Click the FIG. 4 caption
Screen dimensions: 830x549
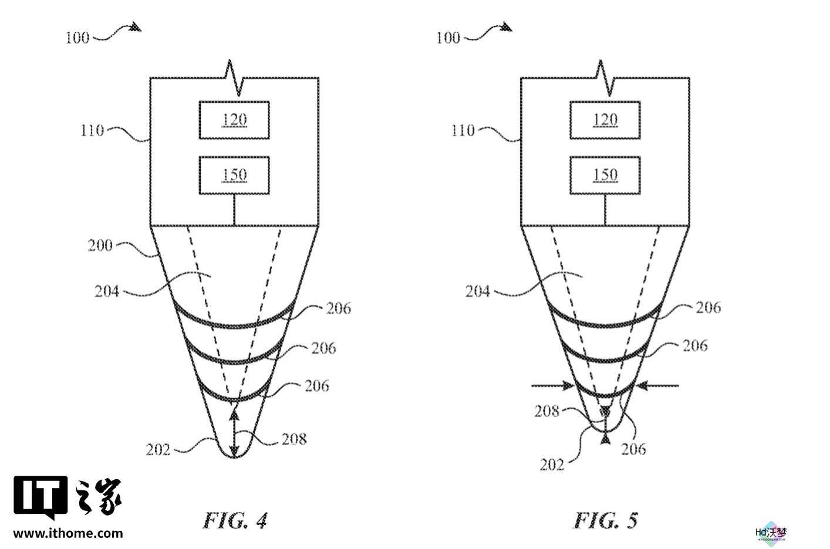[x=235, y=520]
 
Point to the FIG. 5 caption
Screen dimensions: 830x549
[x=606, y=520]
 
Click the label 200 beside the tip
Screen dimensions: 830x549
[x=100, y=245]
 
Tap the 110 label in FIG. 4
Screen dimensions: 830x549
[x=92, y=130]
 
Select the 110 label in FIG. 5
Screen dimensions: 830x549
[x=463, y=130]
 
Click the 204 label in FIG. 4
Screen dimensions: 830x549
[x=107, y=292]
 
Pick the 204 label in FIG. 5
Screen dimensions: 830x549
[x=478, y=292]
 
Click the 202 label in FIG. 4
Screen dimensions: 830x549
[x=158, y=450]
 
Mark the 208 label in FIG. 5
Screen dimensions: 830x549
[x=546, y=411]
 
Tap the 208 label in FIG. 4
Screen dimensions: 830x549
[x=294, y=439]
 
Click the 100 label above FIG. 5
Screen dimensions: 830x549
[x=448, y=38]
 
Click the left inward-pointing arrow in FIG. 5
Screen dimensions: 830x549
[x=553, y=386]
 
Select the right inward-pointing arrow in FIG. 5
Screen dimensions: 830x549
[x=657, y=386]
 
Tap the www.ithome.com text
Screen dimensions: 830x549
[x=68, y=533]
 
